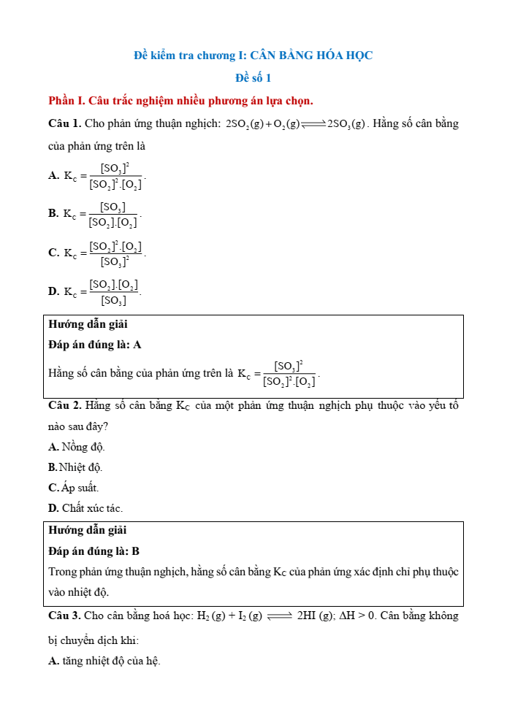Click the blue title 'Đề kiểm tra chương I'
click(x=253, y=55)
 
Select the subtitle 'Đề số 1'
click(x=253, y=77)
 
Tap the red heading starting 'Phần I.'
click(x=180, y=100)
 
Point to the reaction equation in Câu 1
click(x=296, y=124)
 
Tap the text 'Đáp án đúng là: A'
click(x=95, y=345)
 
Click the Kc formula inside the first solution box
click(x=279, y=373)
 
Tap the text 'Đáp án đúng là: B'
click(x=94, y=551)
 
